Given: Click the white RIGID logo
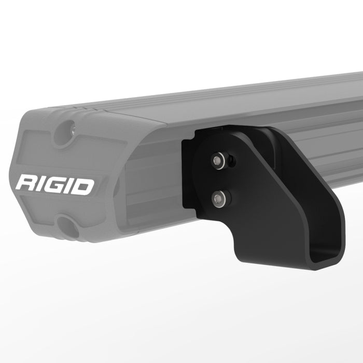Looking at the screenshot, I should (x=55, y=184).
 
